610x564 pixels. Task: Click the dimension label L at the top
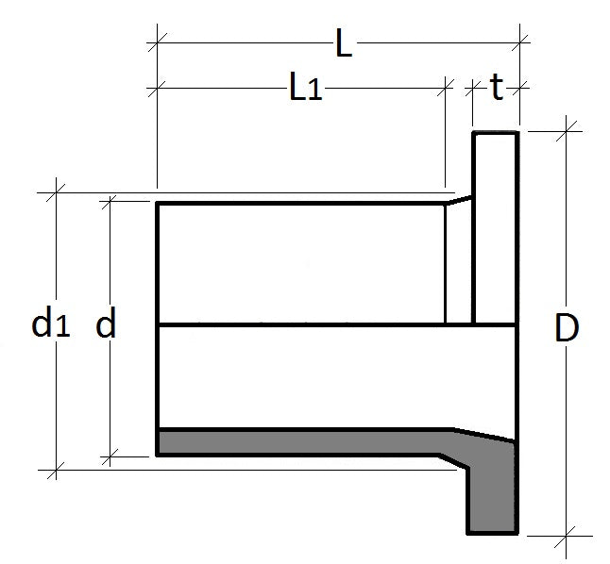tap(343, 44)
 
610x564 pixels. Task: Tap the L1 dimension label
tap(305, 90)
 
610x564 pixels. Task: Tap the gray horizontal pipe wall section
tap(302, 441)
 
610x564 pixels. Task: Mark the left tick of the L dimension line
tap(158, 41)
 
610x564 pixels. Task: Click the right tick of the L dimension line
tap(518, 41)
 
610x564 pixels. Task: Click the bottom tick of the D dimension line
tap(567, 534)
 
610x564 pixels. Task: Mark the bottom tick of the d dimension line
tap(110, 456)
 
